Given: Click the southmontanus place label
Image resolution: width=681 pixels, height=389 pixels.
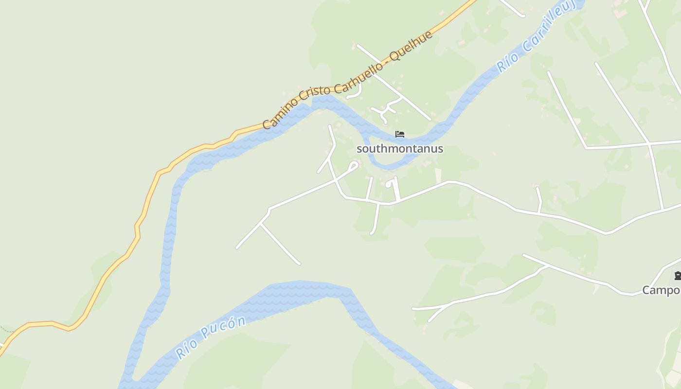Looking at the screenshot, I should click(400, 149).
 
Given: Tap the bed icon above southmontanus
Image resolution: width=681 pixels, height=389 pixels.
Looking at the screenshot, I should click(400, 134).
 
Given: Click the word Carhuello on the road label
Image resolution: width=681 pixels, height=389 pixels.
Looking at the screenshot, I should click(355, 72).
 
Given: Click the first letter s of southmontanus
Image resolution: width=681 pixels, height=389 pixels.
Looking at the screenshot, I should click(359, 149).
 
